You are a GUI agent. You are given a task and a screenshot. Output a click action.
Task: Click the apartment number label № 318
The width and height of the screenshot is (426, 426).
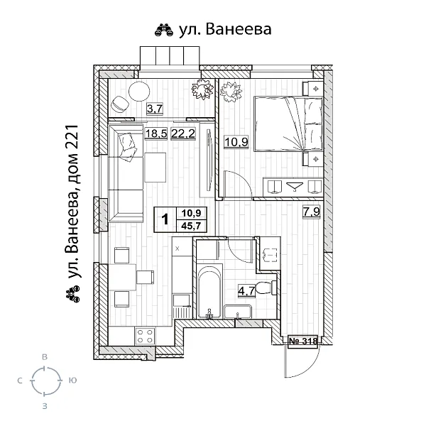click(x=303, y=341)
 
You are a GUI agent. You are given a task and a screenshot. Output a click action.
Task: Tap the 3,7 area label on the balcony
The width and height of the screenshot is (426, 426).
click(x=155, y=109)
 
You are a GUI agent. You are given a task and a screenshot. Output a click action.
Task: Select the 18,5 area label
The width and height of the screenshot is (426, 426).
click(x=156, y=133)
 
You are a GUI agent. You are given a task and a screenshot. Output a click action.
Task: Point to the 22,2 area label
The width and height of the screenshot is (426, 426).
click(x=183, y=133)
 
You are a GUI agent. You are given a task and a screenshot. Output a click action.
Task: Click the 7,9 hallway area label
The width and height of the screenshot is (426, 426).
click(x=312, y=212)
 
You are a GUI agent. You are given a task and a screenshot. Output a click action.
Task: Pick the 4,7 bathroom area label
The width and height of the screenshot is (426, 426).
click(x=246, y=291)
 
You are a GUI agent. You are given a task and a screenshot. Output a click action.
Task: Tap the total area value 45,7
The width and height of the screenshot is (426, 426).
click(x=191, y=226)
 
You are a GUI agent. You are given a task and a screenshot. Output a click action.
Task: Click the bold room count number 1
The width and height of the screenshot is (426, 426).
click(x=165, y=219)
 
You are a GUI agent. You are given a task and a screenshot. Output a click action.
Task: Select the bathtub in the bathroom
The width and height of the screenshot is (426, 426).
click(x=209, y=292)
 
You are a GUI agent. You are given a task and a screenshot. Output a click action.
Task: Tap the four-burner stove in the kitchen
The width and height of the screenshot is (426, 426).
click(x=145, y=336)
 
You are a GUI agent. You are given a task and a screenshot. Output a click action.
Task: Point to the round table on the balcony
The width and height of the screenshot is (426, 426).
click(x=139, y=92)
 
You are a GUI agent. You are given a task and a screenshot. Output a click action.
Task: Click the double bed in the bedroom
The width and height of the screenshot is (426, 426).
click(x=288, y=124)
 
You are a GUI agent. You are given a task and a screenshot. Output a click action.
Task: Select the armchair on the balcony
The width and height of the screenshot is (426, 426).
click(x=119, y=104)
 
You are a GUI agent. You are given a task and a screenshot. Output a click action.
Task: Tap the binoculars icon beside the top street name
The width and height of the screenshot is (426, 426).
click(x=164, y=30)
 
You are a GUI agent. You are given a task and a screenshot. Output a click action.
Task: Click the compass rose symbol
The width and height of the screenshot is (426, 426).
click(x=46, y=381)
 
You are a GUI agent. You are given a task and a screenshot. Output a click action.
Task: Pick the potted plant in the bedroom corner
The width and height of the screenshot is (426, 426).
click(x=231, y=92)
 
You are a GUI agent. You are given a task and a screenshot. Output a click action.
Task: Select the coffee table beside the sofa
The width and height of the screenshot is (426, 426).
click(x=155, y=168)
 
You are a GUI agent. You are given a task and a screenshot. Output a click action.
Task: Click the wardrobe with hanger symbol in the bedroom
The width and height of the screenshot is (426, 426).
click(x=293, y=186)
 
